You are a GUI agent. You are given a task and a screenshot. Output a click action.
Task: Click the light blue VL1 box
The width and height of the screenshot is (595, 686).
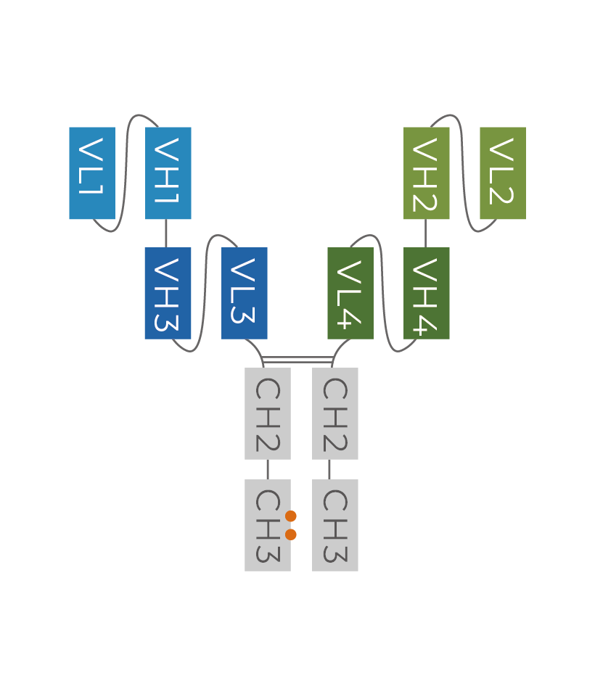click(x=92, y=173)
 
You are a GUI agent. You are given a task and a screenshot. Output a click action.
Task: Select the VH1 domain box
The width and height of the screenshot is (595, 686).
click(x=168, y=173)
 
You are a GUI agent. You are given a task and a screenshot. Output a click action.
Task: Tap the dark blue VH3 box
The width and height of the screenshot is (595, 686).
click(x=168, y=293)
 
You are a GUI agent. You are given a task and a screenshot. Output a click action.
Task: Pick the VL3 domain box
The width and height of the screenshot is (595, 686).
click(x=245, y=293)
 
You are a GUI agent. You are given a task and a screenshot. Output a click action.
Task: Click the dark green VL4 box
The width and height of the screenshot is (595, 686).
click(x=350, y=293)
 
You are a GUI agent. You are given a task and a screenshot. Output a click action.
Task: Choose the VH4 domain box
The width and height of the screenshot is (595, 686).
click(x=427, y=293)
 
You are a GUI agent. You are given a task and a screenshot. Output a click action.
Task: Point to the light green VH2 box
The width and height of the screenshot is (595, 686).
click(x=427, y=173)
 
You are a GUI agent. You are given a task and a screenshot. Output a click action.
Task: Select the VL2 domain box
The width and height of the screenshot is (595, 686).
click(x=503, y=173)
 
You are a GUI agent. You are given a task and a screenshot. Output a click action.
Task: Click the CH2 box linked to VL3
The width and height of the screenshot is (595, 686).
click(x=268, y=413)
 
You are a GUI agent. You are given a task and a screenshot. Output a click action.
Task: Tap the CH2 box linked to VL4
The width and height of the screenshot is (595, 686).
click(x=335, y=413)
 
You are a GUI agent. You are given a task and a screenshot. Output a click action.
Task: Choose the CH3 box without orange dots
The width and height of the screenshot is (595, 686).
click(x=335, y=525)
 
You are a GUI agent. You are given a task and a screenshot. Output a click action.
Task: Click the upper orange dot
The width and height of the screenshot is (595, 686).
click(x=291, y=516)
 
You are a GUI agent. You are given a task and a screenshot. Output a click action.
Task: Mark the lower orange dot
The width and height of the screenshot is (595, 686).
click(x=291, y=534)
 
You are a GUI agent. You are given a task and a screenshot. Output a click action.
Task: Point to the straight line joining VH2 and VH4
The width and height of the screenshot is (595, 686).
click(x=426, y=234)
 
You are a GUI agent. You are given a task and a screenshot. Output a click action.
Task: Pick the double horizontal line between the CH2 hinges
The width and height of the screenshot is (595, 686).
click(x=297, y=360)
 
